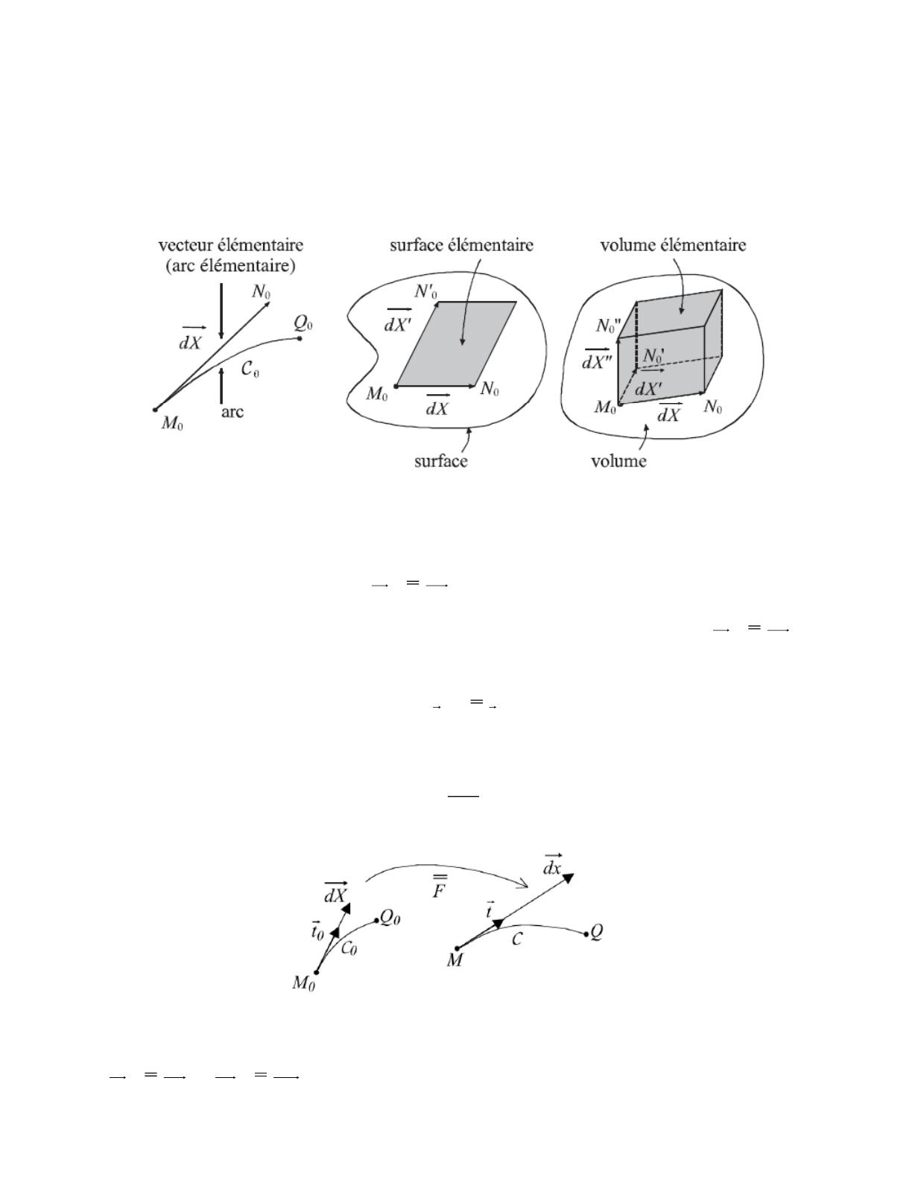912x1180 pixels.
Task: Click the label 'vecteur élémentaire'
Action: (231, 245)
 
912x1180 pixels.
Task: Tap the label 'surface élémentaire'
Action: (462, 245)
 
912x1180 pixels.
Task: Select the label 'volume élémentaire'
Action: (673, 245)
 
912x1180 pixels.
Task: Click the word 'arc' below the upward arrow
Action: (232, 412)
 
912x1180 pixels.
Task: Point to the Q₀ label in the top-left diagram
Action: (303, 323)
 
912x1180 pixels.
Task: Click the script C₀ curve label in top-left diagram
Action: (250, 369)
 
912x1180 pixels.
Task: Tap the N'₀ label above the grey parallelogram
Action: (426, 293)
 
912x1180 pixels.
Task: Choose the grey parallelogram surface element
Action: (456, 343)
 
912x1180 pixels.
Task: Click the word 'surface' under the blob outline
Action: (440, 462)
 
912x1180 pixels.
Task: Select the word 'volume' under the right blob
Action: (618, 462)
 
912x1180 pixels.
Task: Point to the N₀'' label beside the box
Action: (608, 326)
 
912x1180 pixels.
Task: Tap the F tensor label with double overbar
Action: (440, 886)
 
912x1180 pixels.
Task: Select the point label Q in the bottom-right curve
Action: (596, 933)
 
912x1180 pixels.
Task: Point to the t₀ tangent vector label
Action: (317, 930)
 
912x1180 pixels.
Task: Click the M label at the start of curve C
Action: (455, 961)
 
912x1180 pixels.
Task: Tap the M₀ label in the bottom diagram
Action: (304, 983)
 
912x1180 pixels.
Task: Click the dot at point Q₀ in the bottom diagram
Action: (377, 921)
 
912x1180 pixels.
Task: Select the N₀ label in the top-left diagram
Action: (262, 292)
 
